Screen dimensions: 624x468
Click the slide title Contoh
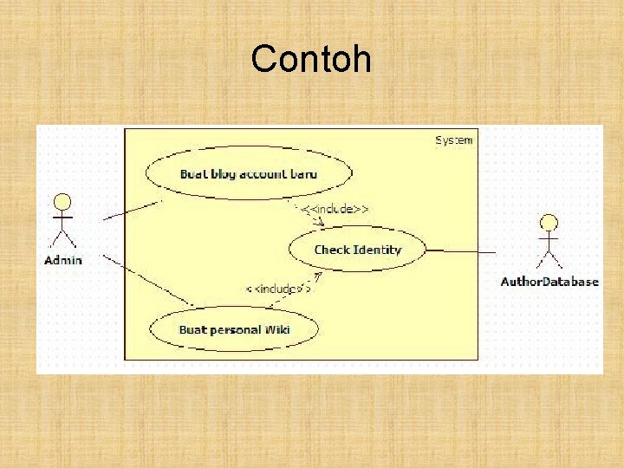[311, 60]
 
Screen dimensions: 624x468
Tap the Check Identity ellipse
[357, 250]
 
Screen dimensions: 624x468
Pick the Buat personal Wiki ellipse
[234, 328]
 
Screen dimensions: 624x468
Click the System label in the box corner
[453, 140]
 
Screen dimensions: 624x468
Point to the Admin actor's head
[62, 202]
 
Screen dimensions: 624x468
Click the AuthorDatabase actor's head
[548, 222]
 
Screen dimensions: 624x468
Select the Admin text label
[63, 260]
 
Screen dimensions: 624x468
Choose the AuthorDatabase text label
[549, 281]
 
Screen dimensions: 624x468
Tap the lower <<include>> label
[277, 289]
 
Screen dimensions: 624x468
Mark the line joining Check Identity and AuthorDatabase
[461, 251]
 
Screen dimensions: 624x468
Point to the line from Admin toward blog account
[132, 210]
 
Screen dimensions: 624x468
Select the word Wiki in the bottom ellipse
[276, 328]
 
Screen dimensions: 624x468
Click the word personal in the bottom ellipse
[234, 328]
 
